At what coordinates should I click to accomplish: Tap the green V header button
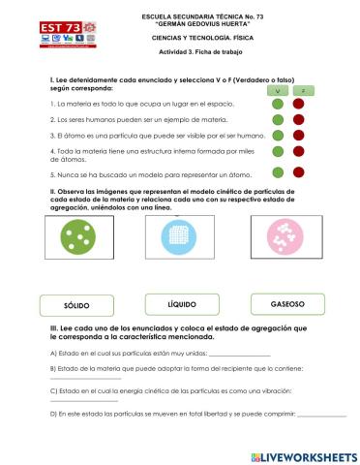pyautogui.click(x=277, y=89)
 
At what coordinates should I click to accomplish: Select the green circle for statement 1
pyautogui.click(x=278, y=103)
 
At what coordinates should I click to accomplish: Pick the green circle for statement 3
pyautogui.click(x=278, y=137)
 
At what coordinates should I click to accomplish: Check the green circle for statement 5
pyautogui.click(x=278, y=173)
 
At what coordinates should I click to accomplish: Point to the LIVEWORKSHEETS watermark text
pyautogui.click(x=304, y=454)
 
